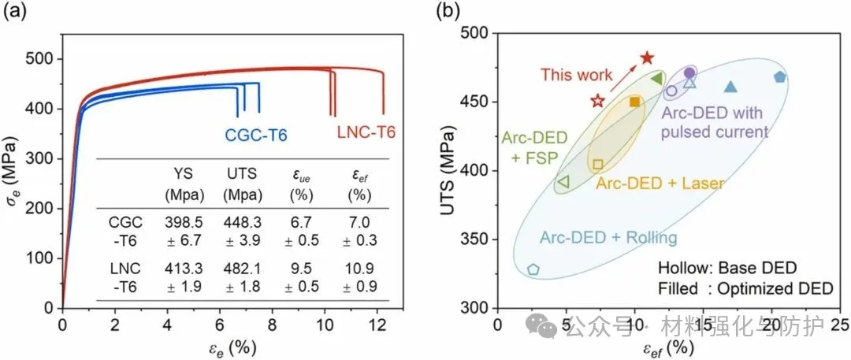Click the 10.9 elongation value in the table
[359, 268]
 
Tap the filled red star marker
[647, 58]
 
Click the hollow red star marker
[597, 101]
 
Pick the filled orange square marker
[635, 102]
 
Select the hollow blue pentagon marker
[533, 269]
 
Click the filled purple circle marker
[689, 72]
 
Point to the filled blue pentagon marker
[779, 77]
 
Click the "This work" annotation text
[576, 76]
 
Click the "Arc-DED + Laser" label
[659, 183]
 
